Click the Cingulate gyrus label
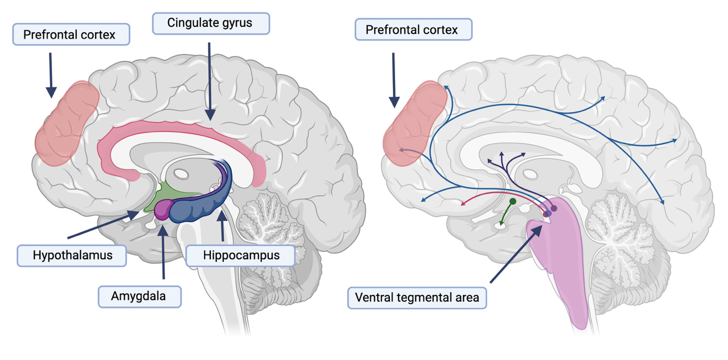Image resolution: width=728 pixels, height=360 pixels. [x=211, y=23]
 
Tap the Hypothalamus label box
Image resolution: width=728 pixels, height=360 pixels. [x=72, y=255]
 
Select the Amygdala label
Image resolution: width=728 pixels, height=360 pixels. [x=139, y=296]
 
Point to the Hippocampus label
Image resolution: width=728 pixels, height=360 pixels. [x=241, y=255]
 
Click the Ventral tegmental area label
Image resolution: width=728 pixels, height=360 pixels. [x=417, y=298]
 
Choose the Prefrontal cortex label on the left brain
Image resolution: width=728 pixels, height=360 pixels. [x=70, y=35]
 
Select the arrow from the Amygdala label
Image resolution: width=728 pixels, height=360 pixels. [x=163, y=255]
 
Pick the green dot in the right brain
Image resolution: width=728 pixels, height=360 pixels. [x=512, y=201]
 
